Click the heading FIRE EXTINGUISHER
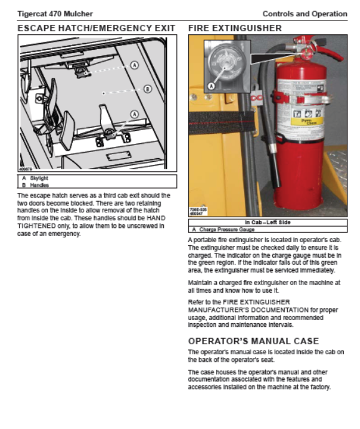coord(235,28)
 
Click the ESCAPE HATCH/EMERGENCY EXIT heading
coord(97,28)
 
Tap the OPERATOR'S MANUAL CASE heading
coord(253,341)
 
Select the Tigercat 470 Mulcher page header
coord(55,14)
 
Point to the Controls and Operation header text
coord(305,14)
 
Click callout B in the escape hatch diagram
coord(148,89)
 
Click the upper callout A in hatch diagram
coord(135,65)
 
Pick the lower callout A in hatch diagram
coord(135,114)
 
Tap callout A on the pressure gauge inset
coord(211,86)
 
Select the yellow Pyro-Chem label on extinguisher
coord(307,121)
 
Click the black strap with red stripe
coord(221,123)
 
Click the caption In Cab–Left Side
coord(267,222)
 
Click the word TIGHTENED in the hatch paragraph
coord(36,226)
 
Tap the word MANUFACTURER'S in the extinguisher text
coord(248,310)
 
